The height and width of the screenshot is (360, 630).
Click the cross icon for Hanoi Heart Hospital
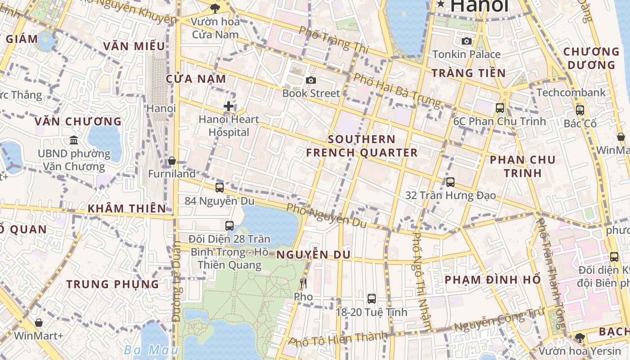coord(229,106)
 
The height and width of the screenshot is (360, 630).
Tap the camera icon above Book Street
coord(310,80)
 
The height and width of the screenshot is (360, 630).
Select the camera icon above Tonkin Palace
coord(467,41)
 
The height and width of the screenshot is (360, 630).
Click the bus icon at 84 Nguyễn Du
coord(220,188)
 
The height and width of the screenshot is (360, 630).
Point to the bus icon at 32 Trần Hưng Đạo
coord(450,182)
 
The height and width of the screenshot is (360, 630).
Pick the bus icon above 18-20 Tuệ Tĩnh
coord(372,298)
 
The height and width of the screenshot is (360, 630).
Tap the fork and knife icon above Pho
coord(303,283)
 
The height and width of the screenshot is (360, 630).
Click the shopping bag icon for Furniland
coord(171,161)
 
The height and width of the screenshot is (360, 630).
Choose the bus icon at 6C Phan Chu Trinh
coord(500,108)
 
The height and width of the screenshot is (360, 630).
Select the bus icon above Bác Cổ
coord(580,110)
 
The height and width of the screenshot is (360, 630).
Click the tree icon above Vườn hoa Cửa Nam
coord(215,8)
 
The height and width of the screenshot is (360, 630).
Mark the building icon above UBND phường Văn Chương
coord(74,140)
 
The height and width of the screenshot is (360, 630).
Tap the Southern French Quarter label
coord(362,146)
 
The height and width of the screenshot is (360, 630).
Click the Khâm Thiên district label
coord(127,208)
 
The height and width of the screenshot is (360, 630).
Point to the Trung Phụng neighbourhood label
coord(113,284)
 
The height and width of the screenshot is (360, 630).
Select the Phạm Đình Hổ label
coord(493,279)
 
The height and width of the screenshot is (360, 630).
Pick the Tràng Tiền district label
coord(468,73)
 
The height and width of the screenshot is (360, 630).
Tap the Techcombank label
coord(571,92)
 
